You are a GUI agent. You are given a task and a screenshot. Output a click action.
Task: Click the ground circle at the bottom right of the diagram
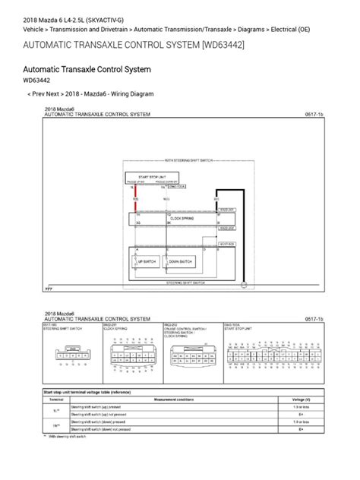[x=245, y=286]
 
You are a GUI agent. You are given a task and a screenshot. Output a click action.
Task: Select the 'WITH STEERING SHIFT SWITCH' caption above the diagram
[x=182, y=161]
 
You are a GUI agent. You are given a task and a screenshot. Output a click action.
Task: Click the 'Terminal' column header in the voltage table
[x=56, y=397]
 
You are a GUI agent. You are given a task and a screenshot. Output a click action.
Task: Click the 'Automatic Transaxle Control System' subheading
[x=87, y=69]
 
